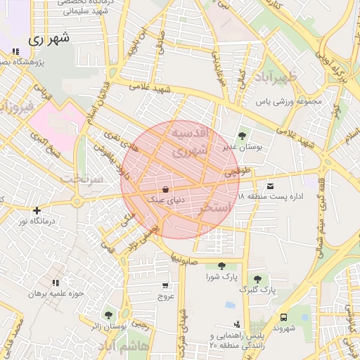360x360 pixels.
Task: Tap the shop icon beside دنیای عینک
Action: (165, 189)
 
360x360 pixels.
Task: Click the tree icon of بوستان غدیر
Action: (243, 136)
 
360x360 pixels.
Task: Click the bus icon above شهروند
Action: (283, 317)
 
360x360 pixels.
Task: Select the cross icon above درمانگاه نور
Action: (37, 210)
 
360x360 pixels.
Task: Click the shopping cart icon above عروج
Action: (165, 285)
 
